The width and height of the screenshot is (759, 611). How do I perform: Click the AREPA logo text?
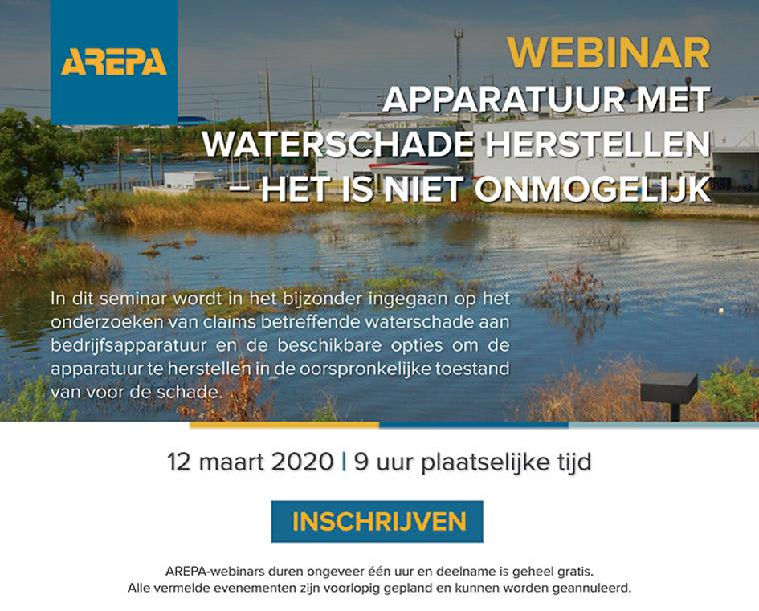114,62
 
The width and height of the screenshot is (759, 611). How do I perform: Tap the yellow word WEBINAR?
609,53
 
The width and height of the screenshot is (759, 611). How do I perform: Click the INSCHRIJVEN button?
377,522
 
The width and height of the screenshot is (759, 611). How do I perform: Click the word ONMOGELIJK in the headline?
592,189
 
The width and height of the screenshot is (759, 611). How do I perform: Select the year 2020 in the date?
302,462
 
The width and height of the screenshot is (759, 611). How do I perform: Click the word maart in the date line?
231,462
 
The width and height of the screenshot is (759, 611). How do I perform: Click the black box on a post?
670,387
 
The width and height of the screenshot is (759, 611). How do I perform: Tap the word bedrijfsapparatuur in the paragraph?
129,346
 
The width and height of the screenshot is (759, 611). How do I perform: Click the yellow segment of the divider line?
284,426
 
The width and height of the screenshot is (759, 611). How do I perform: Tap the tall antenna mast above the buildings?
458,63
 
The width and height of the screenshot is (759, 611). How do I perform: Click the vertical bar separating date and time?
344,462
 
